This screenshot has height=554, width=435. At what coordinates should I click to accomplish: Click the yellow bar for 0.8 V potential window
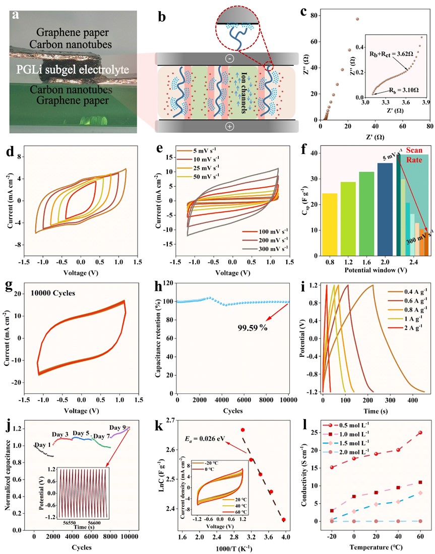coord(326,225)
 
